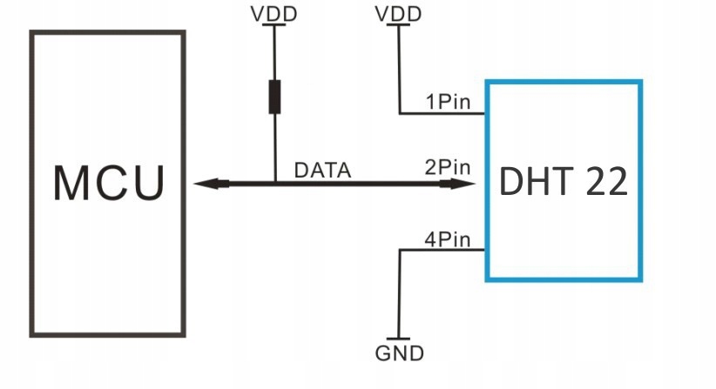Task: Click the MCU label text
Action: click(108, 183)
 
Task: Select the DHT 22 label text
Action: click(564, 181)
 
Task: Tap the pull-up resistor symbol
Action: click(274, 97)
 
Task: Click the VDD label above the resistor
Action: click(274, 14)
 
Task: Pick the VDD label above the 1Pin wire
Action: click(399, 14)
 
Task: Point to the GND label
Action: click(399, 353)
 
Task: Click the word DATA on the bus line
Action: click(322, 171)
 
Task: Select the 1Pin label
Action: click(448, 102)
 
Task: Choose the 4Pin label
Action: click(448, 238)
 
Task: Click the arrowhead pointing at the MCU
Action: click(209, 184)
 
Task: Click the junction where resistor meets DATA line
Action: click(274, 184)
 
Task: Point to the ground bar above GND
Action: click(399, 339)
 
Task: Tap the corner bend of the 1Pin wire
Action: click(400, 113)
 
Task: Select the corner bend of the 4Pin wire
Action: click(400, 250)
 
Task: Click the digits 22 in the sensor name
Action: click(605, 181)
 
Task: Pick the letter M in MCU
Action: click(71, 183)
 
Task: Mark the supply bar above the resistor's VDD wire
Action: click(274, 25)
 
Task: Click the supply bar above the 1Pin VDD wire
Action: click(399, 25)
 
